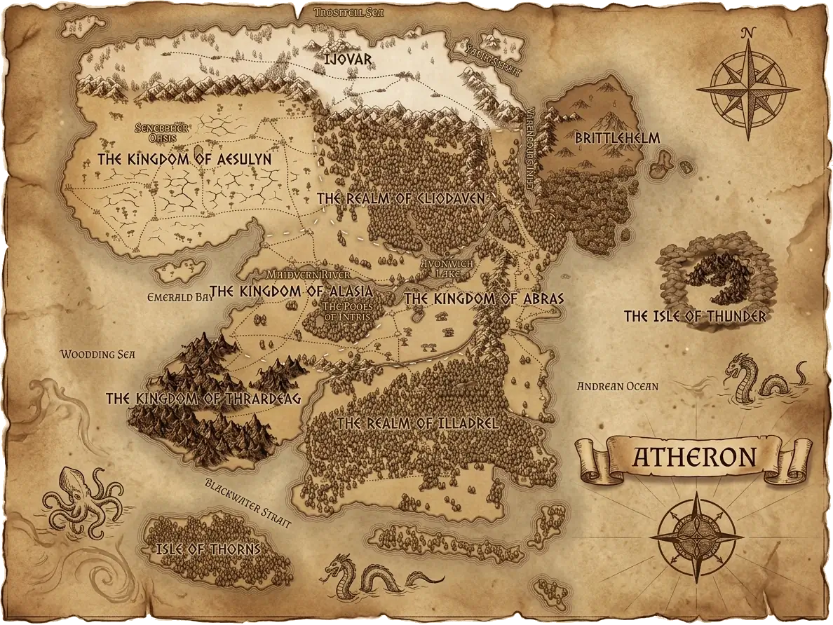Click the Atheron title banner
click(x=694, y=457)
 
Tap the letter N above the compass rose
click(x=748, y=32)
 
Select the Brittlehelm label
click(x=617, y=138)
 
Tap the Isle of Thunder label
click(x=696, y=317)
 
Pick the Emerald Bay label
click(x=180, y=297)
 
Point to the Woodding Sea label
click(x=97, y=355)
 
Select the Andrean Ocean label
click(x=617, y=385)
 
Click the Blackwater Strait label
click(x=248, y=497)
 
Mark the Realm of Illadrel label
click(x=418, y=423)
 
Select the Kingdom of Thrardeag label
click(x=203, y=399)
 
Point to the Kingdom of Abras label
click(x=484, y=298)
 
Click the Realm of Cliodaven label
click(x=401, y=198)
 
